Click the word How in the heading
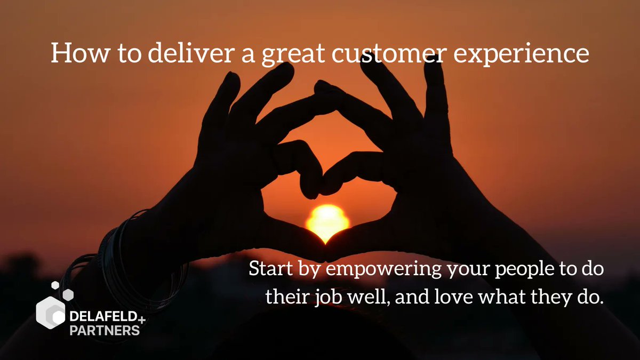tap(71, 54)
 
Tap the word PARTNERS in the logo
tap(105, 331)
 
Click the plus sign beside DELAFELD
tap(141, 319)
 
